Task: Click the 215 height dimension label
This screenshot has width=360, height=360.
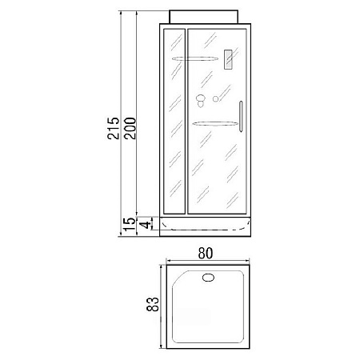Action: point(114,128)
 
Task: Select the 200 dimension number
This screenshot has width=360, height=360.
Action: point(130,128)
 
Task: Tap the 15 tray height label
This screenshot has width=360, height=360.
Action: point(129,225)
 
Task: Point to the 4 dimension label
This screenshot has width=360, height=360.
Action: point(146,225)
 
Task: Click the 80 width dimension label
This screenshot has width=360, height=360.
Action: point(206,254)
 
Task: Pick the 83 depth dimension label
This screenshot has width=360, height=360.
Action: point(153,304)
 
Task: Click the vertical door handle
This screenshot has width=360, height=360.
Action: point(241,116)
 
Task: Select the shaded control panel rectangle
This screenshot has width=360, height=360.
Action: point(228,60)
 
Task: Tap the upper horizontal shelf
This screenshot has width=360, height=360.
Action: point(195,58)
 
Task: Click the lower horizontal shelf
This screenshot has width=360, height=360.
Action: point(215,123)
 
